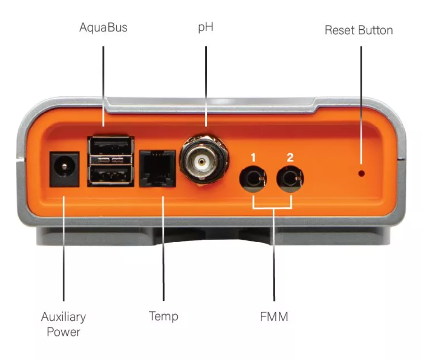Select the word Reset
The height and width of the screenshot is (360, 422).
click(x=341, y=30)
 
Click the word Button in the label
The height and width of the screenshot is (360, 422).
click(x=375, y=30)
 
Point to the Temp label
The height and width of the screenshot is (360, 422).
click(x=163, y=316)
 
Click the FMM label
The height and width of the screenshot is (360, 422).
click(x=274, y=317)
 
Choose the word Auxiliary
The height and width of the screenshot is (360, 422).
click(x=63, y=316)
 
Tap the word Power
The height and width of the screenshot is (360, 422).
click(x=63, y=332)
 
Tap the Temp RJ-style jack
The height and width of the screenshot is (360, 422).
click(x=158, y=168)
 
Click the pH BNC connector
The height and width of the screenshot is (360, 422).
click(x=202, y=162)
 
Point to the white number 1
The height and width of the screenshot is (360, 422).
click(x=253, y=155)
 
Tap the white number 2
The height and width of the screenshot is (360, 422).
click(x=290, y=155)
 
